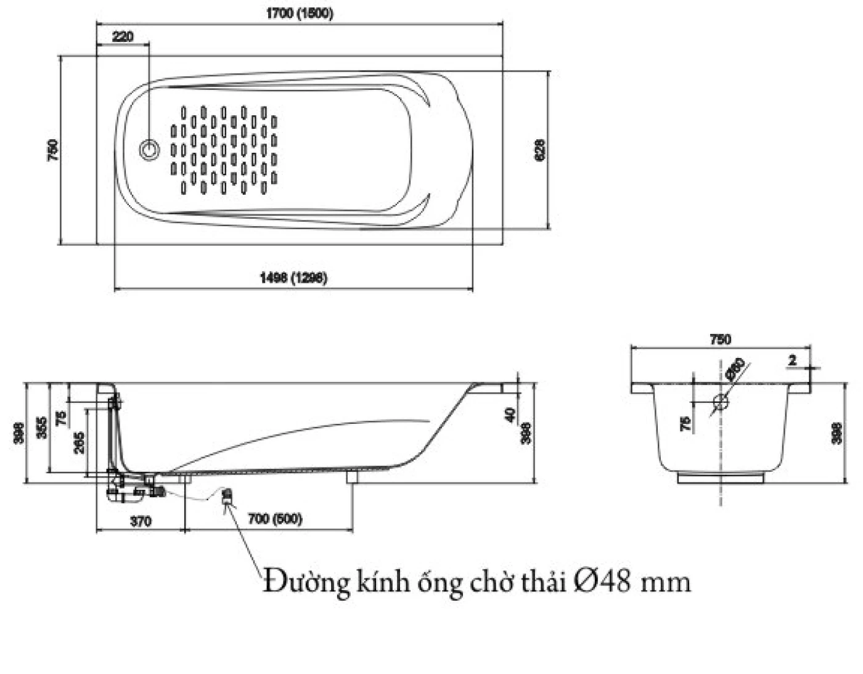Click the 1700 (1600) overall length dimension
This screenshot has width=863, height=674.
(300, 13)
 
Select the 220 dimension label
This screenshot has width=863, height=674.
(123, 36)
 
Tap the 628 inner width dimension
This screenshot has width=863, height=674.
(539, 150)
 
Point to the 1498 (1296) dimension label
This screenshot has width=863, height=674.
(293, 278)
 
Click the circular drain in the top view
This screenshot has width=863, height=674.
(149, 149)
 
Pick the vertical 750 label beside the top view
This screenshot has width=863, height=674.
(53, 150)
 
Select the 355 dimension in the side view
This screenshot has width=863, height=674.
(41, 428)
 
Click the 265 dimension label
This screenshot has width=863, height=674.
(80, 442)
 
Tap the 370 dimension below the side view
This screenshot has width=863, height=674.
(141, 521)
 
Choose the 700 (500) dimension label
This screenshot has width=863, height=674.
(275, 519)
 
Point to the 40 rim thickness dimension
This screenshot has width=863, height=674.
(510, 415)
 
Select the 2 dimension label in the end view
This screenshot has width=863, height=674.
(793, 360)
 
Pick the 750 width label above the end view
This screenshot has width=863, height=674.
(720, 339)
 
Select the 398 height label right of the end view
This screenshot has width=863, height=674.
(836, 432)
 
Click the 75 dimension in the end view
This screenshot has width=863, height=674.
(685, 423)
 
